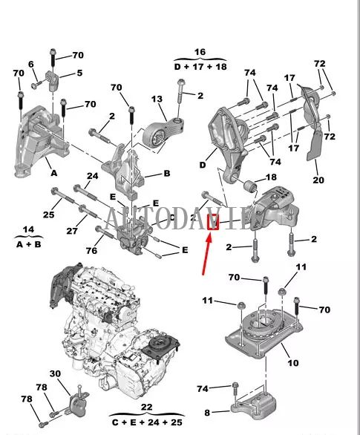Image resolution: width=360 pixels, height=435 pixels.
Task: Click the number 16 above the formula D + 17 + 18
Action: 200,52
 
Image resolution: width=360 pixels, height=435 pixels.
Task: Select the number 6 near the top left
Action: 32,65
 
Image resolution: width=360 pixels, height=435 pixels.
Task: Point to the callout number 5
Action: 79,73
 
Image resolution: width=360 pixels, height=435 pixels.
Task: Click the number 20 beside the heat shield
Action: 318,180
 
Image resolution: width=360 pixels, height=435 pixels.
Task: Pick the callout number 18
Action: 271,177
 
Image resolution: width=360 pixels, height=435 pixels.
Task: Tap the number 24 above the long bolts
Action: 92,177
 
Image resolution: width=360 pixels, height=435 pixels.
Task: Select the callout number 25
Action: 48,215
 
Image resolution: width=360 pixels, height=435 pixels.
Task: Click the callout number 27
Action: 73,231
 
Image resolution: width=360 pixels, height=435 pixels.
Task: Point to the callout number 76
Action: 92,250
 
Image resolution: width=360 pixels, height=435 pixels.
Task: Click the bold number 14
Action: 29,229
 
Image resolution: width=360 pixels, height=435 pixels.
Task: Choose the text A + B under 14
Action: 29,243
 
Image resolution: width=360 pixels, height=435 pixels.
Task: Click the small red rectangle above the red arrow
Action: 212,221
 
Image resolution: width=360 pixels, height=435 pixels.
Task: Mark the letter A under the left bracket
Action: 53,171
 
